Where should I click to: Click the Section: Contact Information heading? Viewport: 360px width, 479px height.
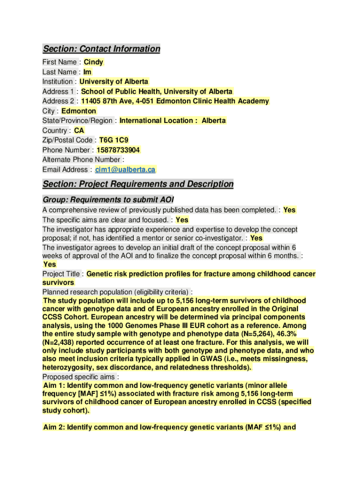pos(101,49)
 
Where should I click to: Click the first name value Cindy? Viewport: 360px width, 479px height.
pos(93,62)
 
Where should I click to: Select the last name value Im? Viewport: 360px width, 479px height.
pos(87,72)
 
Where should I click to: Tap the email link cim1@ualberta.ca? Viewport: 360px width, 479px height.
pos(125,170)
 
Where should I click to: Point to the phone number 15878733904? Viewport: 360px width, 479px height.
pos(118,150)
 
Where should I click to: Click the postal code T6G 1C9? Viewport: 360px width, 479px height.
pos(114,140)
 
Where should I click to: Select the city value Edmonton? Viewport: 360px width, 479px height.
pos(79,111)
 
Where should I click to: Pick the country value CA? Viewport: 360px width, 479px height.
pos(79,131)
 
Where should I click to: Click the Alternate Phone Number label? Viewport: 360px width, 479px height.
pos(81,160)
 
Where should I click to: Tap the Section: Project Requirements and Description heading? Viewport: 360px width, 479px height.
pos(138,184)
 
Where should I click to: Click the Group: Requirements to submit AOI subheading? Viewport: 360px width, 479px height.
pos(108,199)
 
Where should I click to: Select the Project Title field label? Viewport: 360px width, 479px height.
pos(63,274)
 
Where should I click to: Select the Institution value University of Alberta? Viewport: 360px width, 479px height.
pos(114,82)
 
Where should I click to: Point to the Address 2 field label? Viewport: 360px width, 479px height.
pos(59,102)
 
